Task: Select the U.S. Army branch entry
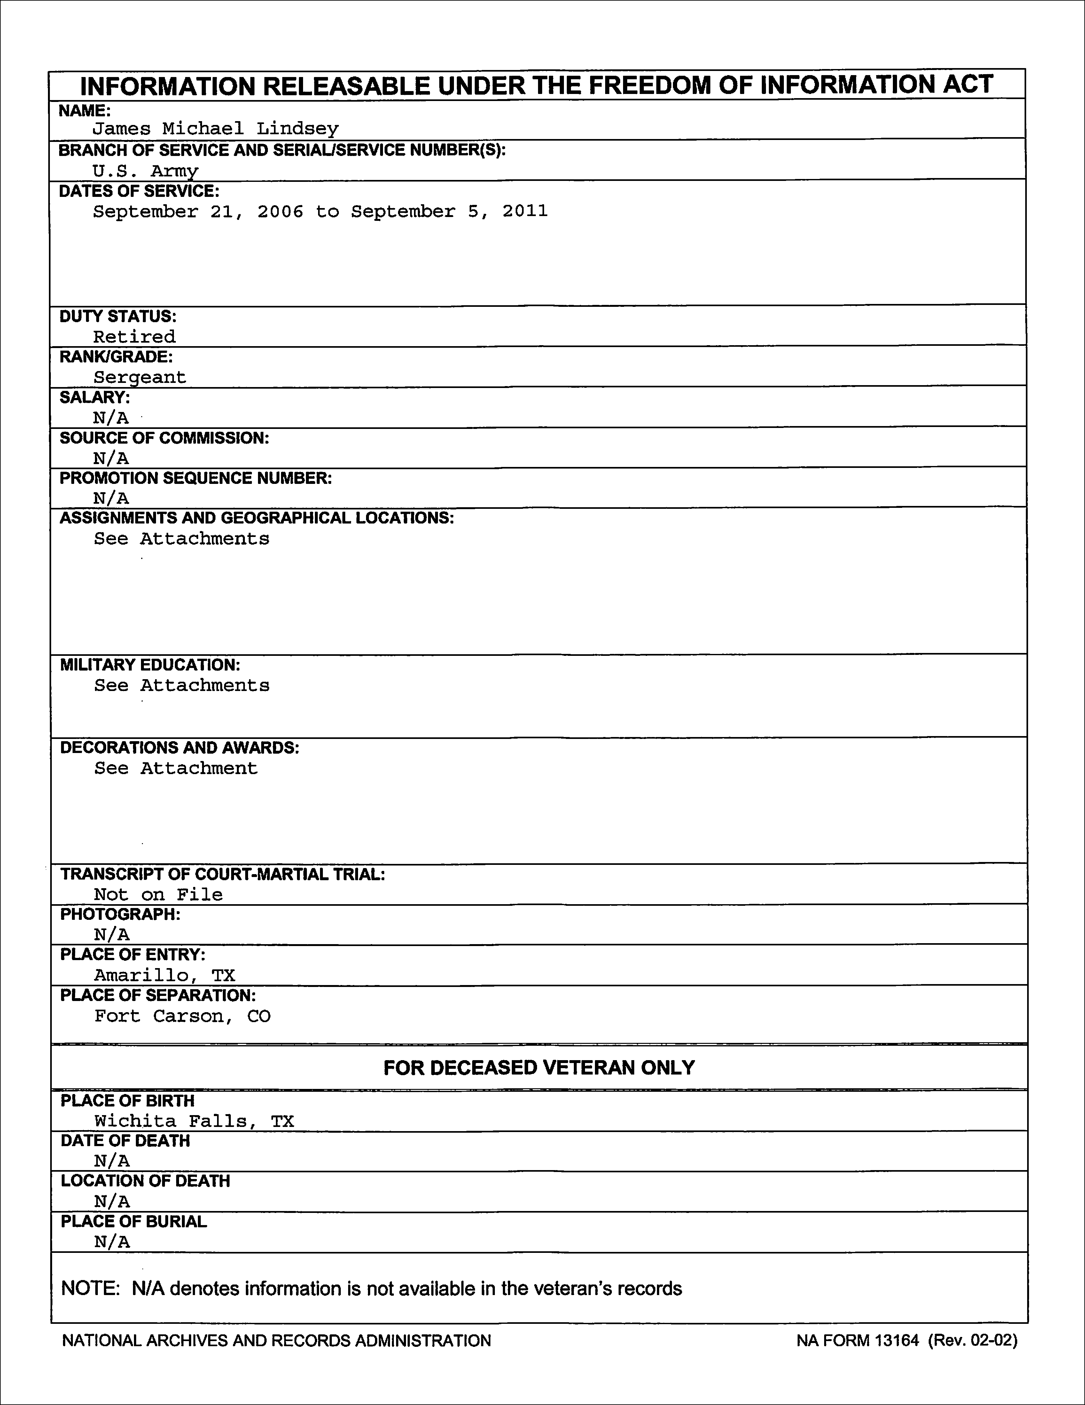(145, 170)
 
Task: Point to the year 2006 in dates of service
(281, 212)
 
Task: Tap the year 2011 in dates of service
(525, 212)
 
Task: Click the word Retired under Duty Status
(134, 337)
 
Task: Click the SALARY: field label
(95, 398)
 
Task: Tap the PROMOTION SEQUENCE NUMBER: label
(196, 478)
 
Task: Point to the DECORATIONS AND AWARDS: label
(180, 748)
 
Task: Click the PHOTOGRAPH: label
(120, 914)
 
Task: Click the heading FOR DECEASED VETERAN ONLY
(539, 1068)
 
